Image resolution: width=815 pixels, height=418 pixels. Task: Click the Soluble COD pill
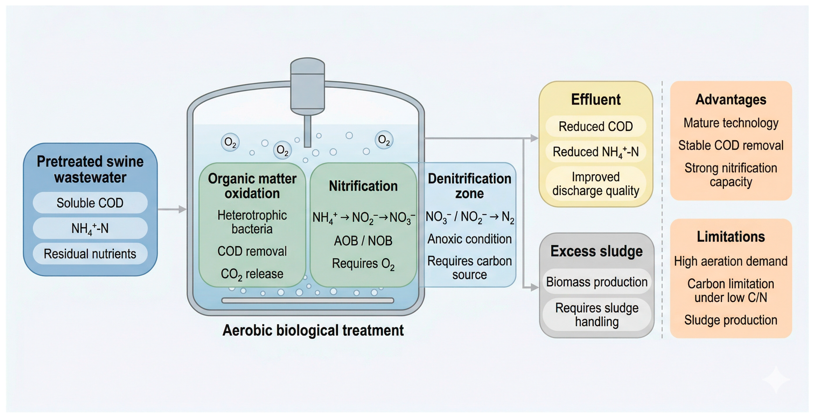point(90,203)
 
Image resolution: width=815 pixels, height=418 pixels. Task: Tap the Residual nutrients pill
point(90,254)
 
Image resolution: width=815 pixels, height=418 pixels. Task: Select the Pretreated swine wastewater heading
point(90,169)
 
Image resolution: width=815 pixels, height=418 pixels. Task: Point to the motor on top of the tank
point(307,86)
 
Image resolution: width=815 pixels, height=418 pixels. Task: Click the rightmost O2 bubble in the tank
point(384,140)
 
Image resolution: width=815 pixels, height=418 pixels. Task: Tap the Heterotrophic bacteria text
point(252,222)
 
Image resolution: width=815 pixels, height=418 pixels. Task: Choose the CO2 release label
point(252,274)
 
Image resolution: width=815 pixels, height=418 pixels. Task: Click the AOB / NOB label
point(363,241)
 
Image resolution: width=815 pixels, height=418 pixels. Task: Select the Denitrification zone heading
point(469,186)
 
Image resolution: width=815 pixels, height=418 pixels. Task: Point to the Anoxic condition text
point(469,239)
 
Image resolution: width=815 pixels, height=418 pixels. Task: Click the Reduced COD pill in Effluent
point(596,126)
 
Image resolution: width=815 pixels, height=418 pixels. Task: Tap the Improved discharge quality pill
point(596,184)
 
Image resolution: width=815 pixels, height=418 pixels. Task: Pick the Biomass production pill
point(597,282)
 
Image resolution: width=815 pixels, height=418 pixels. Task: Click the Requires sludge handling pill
point(597,314)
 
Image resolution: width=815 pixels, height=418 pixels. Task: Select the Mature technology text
point(731,123)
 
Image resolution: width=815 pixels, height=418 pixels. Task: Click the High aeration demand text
point(731,261)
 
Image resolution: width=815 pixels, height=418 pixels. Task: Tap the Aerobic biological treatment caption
point(313,330)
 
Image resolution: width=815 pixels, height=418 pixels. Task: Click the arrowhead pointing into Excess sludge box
point(534,287)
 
